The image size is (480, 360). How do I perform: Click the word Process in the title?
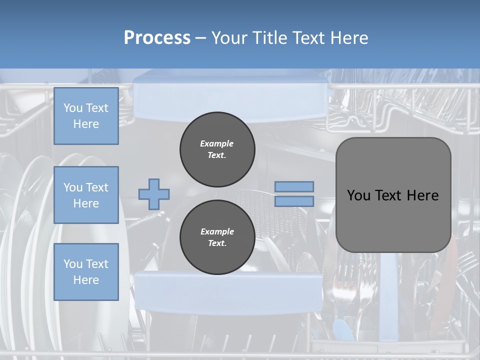coord(157,38)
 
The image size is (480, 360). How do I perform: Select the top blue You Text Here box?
coord(86,116)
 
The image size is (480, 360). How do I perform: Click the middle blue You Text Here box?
coord(86,195)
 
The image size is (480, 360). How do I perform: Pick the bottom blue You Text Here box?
coord(86,271)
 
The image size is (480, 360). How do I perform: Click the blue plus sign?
coord(154,194)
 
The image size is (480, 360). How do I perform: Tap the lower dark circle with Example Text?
coord(217,237)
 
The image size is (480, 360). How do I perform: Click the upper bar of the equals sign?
coord(294,186)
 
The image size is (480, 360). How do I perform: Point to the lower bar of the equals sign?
coord(294,201)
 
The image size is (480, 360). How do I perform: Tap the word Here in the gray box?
coord(422,195)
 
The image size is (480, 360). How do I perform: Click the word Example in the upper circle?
coord(217,143)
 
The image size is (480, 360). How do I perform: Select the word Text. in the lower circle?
coord(217,243)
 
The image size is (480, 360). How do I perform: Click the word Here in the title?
coord(348,38)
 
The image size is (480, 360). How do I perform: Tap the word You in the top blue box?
coord(73,108)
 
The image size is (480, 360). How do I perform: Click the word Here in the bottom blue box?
coord(86,280)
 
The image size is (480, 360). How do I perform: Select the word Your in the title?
coord(230,38)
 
